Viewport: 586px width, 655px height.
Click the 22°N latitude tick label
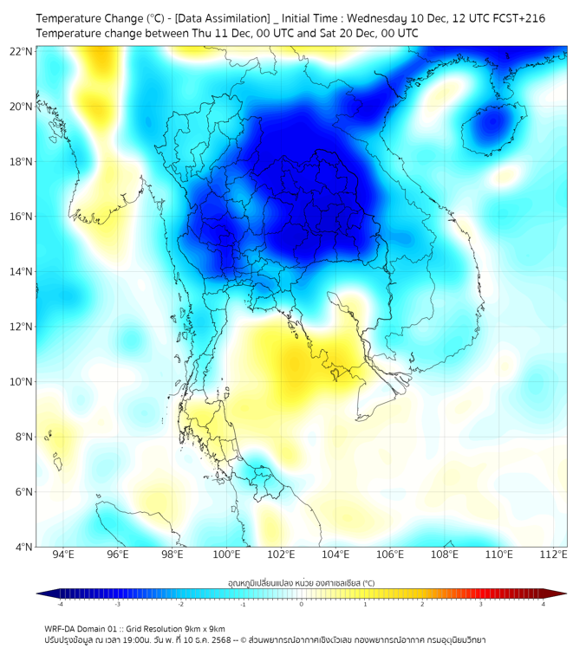coord(22,51)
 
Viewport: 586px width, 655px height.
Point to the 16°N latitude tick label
coord(22,217)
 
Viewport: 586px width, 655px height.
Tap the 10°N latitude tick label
coord(22,382)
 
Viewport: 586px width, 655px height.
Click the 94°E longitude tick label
coord(63,555)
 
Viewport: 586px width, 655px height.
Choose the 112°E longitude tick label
coord(554,555)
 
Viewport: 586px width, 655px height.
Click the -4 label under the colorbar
coord(59,604)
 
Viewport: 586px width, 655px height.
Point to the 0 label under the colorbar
coord(302,604)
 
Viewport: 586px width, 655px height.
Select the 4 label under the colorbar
coord(543,604)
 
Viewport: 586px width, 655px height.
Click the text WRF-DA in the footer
coord(62,628)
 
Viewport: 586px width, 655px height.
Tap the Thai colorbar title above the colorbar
coord(301,583)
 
